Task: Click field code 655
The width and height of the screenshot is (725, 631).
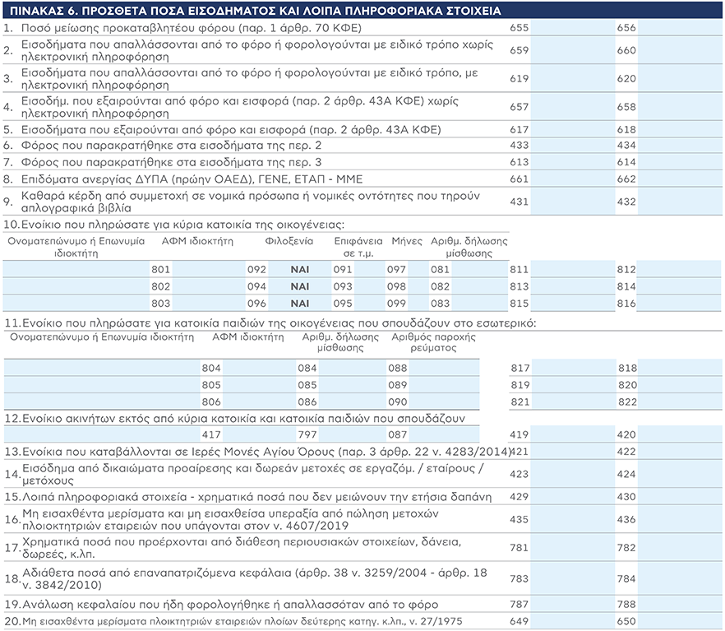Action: pyautogui.click(x=519, y=27)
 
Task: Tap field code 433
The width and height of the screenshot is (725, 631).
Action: pyautogui.click(x=519, y=146)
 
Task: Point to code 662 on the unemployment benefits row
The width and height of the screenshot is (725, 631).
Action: pyautogui.click(x=626, y=179)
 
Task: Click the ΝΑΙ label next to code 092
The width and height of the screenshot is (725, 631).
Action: pyautogui.click(x=302, y=269)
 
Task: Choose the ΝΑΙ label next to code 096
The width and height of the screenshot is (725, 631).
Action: pyautogui.click(x=302, y=303)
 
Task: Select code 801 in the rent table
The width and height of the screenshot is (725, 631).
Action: pyautogui.click(x=161, y=269)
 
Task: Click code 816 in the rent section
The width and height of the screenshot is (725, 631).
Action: pyautogui.click(x=626, y=303)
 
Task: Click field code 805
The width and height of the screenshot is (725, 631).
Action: pyautogui.click(x=211, y=385)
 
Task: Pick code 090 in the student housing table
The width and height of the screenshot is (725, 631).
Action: pyautogui.click(x=398, y=401)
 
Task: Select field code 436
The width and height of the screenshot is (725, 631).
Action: pyautogui.click(x=626, y=521)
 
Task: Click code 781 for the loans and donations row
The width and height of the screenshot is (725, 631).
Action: pyautogui.click(x=519, y=547)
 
